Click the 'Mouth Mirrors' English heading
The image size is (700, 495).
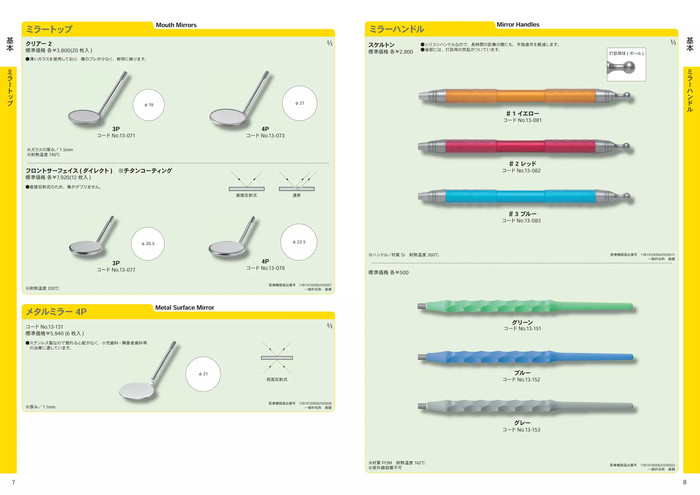tap(176, 25)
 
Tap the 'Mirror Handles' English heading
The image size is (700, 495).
tap(517, 25)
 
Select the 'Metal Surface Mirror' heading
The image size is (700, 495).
tap(185, 307)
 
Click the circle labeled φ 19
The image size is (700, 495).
tap(148, 105)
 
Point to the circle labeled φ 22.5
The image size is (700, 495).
tap(299, 242)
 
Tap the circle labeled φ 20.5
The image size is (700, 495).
tap(148, 244)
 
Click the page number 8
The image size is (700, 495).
tap(684, 482)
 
